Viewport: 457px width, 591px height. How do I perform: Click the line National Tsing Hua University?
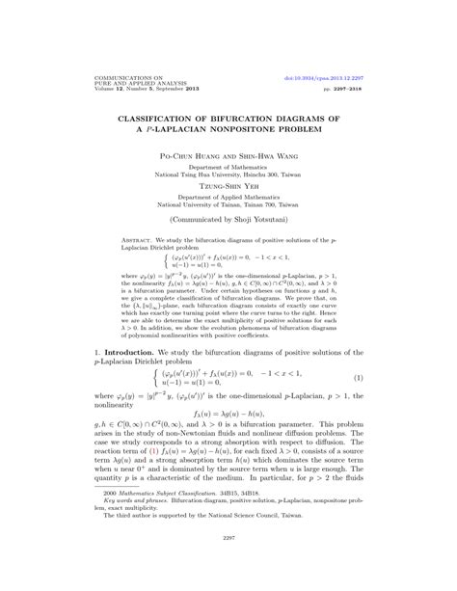(x=228, y=174)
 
